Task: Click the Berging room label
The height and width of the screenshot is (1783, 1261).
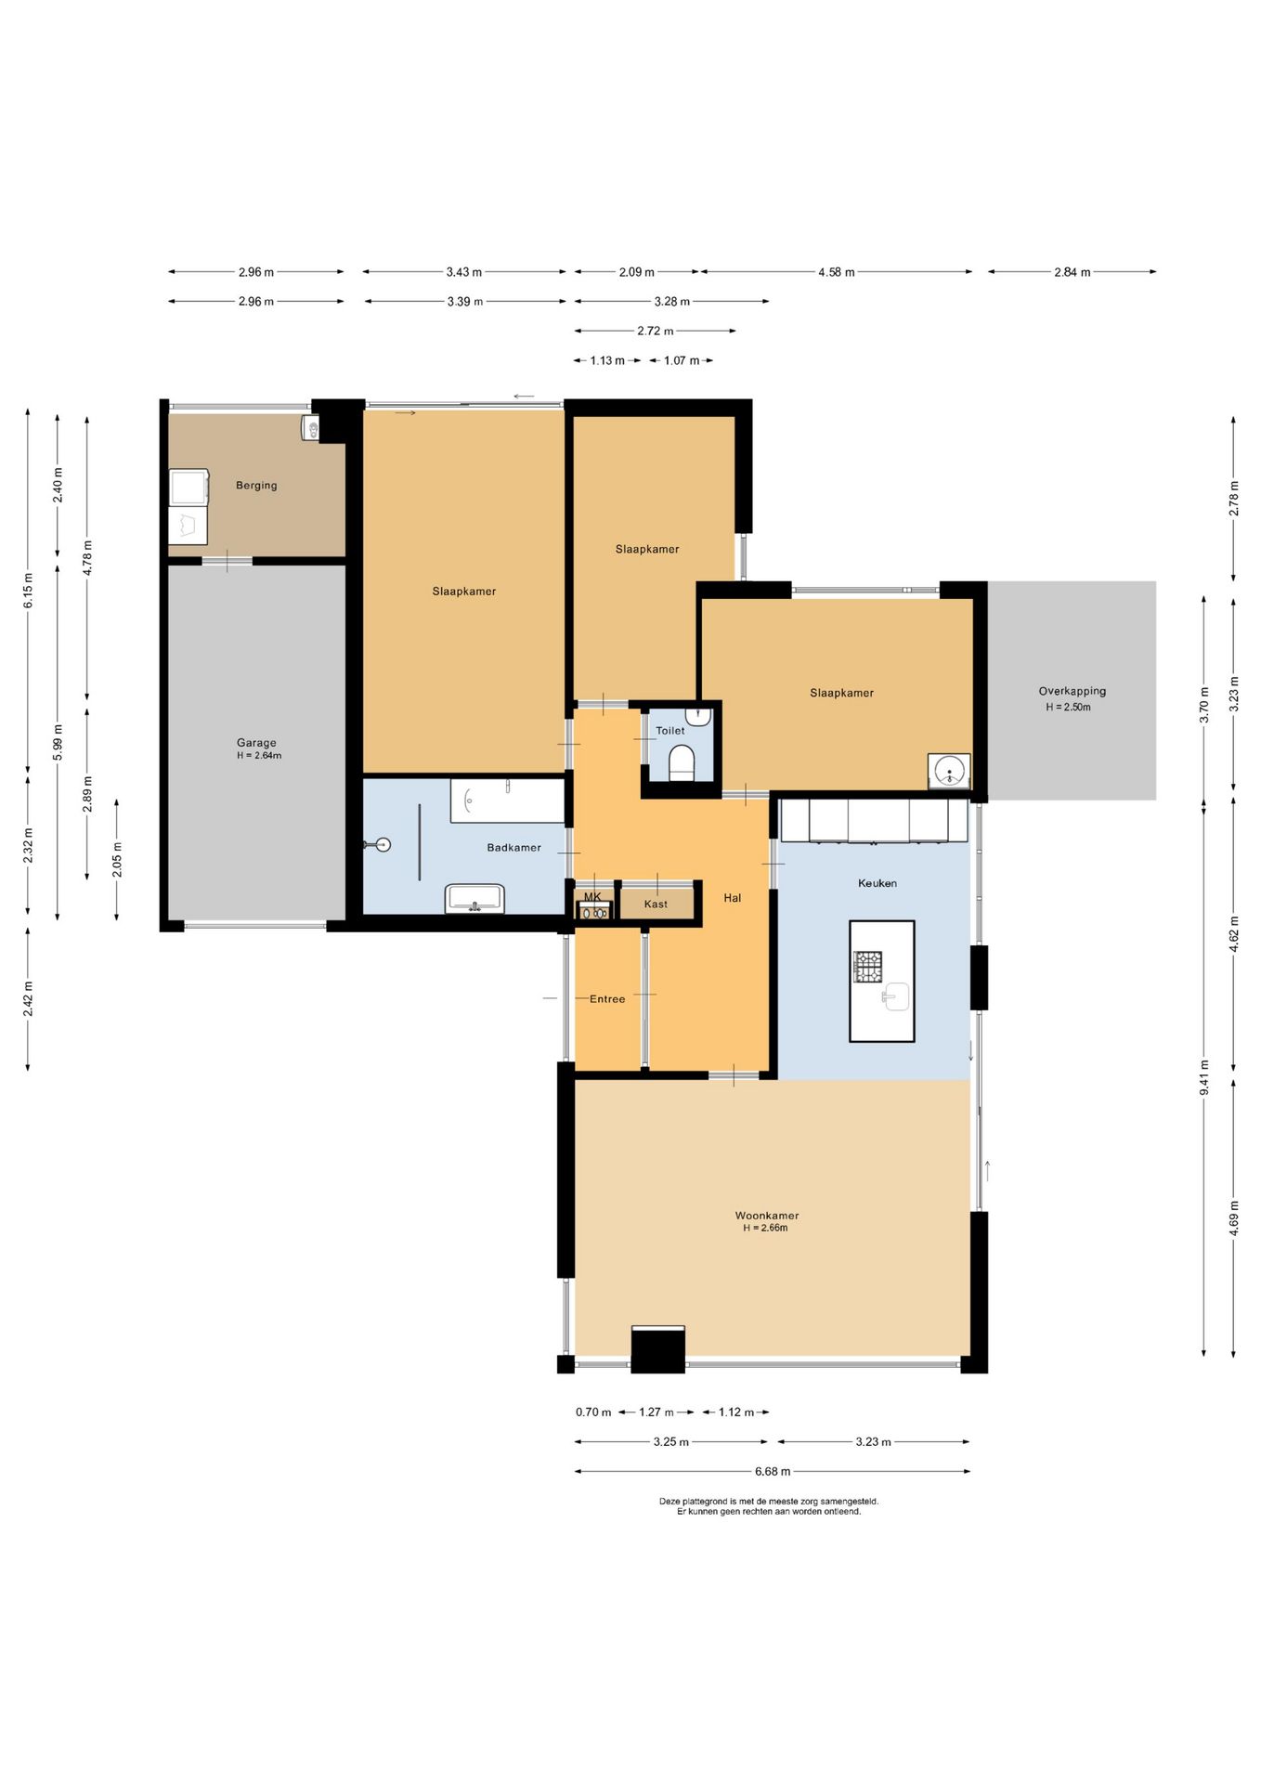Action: click(256, 486)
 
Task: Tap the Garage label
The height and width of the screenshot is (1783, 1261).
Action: click(256, 743)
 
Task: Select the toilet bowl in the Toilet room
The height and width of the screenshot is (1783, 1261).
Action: click(682, 762)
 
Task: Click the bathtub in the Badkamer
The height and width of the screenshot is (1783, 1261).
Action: click(507, 800)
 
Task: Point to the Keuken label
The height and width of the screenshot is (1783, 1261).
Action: click(877, 883)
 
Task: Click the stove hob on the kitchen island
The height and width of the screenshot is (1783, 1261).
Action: click(868, 967)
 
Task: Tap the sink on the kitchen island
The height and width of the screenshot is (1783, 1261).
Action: click(895, 996)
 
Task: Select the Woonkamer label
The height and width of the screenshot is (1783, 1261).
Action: click(767, 1216)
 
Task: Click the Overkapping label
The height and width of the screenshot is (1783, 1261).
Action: click(1072, 691)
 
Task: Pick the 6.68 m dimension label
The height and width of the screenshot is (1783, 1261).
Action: click(773, 1471)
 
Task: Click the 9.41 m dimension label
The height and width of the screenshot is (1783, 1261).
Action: click(1204, 1077)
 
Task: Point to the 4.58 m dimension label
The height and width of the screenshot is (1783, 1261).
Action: click(837, 272)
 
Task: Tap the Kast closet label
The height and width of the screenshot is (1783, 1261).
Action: click(656, 905)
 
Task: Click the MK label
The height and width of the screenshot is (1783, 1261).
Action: click(592, 897)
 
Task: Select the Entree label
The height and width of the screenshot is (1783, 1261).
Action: click(607, 999)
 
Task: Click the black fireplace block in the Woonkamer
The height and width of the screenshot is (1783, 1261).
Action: click(657, 1349)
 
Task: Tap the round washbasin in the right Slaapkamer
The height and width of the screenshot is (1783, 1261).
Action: click(949, 771)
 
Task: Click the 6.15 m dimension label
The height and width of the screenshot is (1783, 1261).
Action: click(28, 591)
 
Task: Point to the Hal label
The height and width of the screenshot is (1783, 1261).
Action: click(733, 898)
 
